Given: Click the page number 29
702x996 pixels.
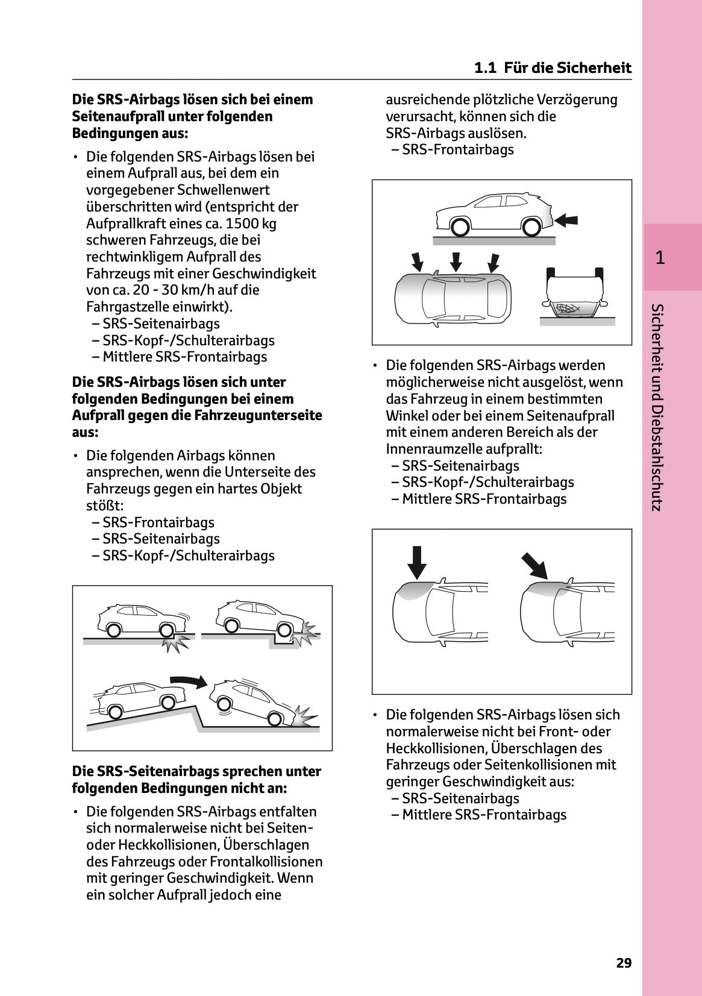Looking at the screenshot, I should pyautogui.click(x=624, y=963).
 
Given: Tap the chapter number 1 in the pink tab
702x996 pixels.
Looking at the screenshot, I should pyautogui.click(x=660, y=258).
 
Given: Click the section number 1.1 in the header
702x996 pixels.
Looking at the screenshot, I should pyautogui.click(x=485, y=67).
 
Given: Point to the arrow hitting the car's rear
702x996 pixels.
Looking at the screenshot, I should pyautogui.click(x=566, y=221).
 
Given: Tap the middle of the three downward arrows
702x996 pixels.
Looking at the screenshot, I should pyautogui.click(x=456, y=261).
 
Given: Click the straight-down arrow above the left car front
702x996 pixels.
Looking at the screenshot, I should pyautogui.click(x=416, y=562).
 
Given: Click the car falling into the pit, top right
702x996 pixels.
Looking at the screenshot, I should pyautogui.click(x=260, y=618).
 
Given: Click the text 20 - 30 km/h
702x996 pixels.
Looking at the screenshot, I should pyautogui.click(x=150, y=290).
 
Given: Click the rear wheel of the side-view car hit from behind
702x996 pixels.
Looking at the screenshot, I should pyautogui.click(x=530, y=227).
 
